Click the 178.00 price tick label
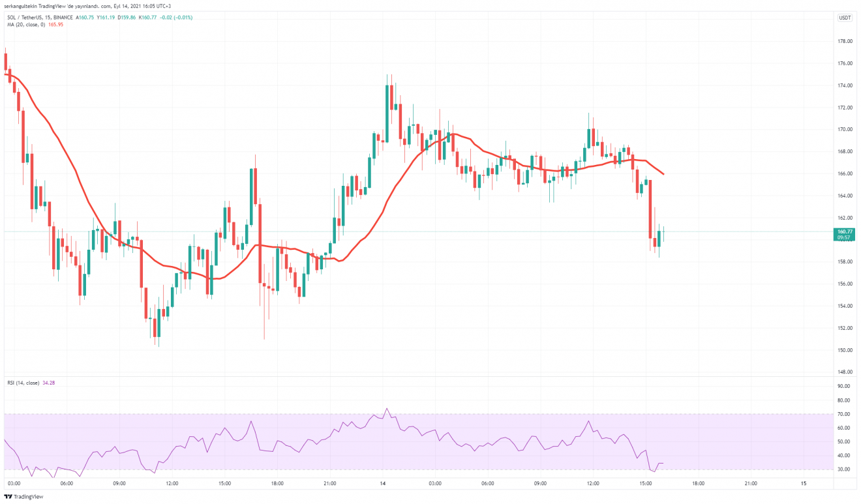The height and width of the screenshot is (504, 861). point(845,41)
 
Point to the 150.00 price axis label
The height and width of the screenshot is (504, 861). point(845,350)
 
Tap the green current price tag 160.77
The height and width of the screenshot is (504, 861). point(845,231)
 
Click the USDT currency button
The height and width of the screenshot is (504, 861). point(845,18)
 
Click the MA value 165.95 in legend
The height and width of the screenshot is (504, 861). point(54,25)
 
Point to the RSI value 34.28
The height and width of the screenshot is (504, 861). point(49,383)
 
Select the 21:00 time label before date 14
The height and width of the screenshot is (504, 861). point(330,484)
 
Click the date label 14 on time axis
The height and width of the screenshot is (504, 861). point(383,484)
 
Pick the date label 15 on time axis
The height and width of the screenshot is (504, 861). point(804,484)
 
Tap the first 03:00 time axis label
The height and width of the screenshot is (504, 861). point(14,484)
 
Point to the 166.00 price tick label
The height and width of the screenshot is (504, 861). point(845,173)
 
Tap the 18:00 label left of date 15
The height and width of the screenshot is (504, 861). point(698,484)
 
